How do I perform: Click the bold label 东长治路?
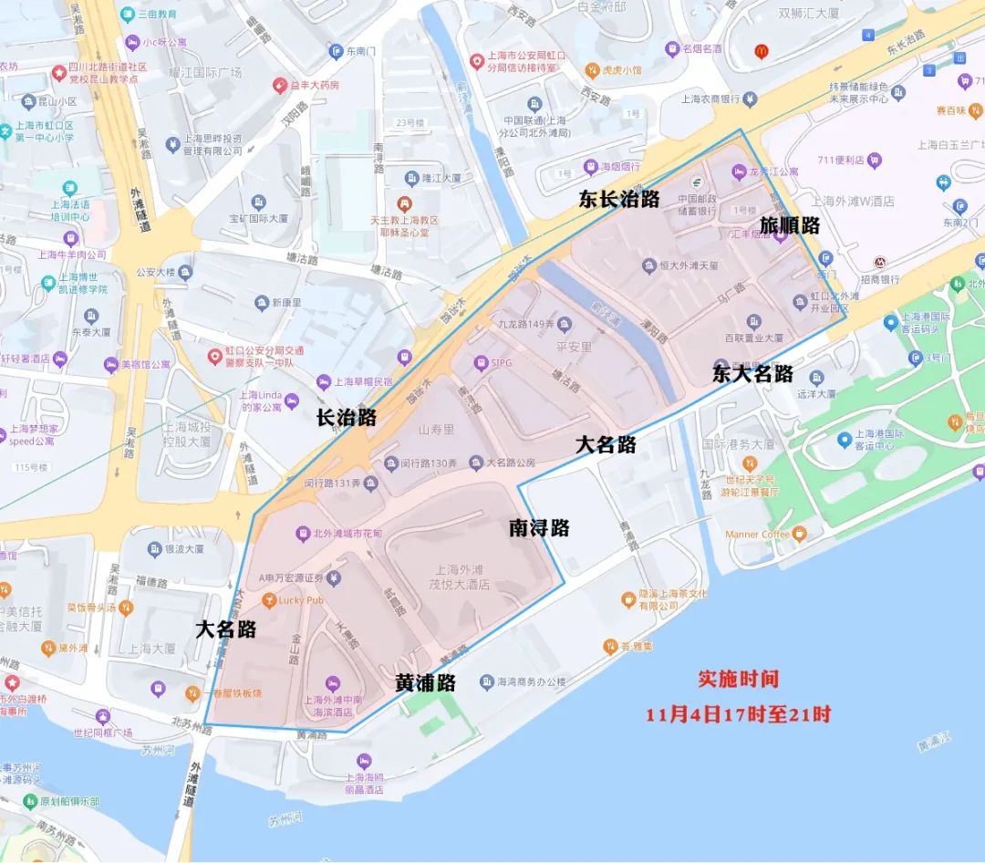618,200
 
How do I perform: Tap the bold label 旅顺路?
789,225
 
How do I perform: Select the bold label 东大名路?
752,373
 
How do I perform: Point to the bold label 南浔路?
539,527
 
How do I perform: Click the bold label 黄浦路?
425,682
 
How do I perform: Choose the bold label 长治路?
346,418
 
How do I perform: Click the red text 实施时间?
739,680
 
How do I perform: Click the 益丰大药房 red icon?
281,85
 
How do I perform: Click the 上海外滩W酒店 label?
852,201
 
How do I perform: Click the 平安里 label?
573,347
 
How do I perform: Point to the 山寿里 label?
436,429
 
